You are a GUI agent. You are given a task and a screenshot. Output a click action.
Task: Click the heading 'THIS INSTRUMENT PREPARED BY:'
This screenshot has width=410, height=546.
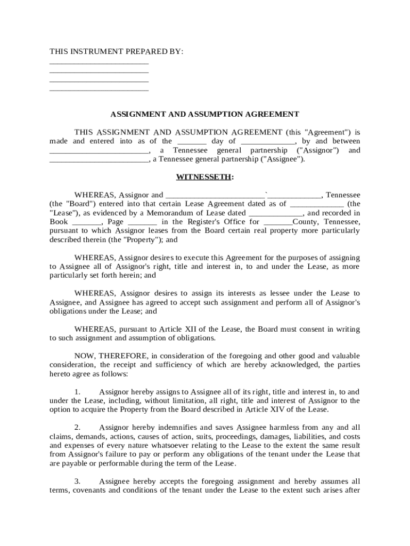coord(116,52)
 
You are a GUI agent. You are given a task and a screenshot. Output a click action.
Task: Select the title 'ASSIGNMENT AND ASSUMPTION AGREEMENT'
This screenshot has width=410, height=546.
coord(204,114)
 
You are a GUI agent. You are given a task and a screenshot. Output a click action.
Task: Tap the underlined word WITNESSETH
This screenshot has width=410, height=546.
coord(203,177)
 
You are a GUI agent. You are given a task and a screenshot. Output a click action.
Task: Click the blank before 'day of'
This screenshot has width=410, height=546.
coord(191,142)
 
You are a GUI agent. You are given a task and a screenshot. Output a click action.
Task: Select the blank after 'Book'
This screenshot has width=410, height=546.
coord(86,222)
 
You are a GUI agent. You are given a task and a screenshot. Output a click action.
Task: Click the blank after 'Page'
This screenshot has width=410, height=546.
coord(142,222)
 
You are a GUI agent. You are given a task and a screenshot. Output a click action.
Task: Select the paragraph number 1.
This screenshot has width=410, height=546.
coord(77,392)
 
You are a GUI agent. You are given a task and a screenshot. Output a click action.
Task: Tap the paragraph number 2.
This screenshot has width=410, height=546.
coord(77,428)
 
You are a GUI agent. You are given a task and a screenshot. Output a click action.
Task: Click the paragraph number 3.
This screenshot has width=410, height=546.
coord(77,481)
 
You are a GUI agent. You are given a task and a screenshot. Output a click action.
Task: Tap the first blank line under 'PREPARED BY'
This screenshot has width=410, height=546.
coord(99,63)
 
